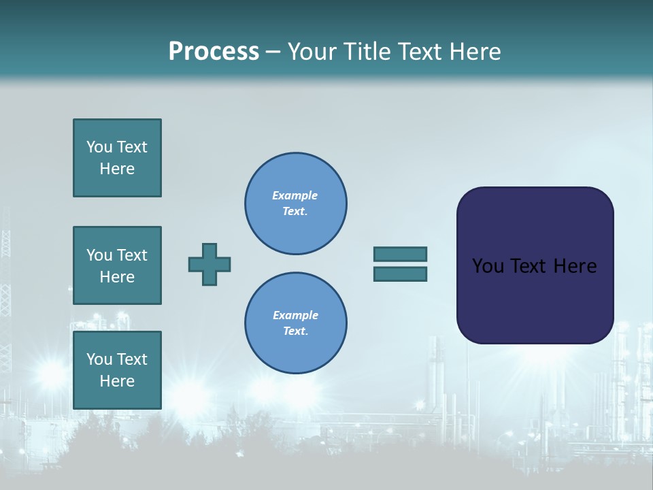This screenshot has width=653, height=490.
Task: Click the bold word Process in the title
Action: click(214, 52)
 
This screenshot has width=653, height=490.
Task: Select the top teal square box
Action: click(117, 158)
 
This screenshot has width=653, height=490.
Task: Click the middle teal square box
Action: click(117, 265)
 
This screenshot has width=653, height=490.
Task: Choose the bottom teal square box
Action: click(117, 370)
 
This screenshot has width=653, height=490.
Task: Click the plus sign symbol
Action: click(210, 264)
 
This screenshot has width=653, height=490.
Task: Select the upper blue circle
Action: click(295, 203)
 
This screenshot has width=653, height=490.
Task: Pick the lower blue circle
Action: click(295, 323)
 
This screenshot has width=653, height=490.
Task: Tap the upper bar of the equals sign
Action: click(400, 254)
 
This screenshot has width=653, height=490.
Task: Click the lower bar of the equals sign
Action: click(400, 274)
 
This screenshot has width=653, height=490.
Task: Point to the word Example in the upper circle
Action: click(295, 195)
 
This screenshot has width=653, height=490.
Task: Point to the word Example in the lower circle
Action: click(295, 315)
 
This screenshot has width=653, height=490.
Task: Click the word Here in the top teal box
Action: click(117, 169)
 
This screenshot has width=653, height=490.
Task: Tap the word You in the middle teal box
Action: click(99, 255)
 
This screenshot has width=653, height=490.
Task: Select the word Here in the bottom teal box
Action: click(117, 381)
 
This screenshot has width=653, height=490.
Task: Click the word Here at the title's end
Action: click(474, 52)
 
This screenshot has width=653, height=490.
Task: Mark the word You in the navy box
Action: click(487, 266)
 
